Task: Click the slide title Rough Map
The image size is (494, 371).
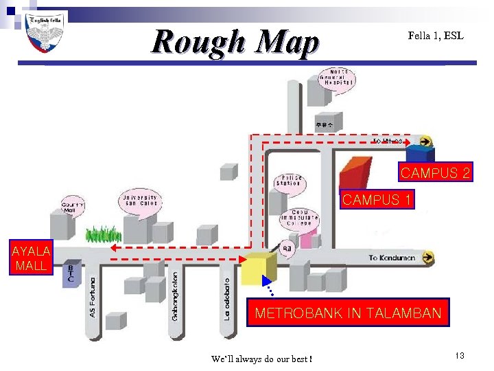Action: [x=235, y=42]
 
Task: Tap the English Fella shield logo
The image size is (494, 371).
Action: [x=45, y=33]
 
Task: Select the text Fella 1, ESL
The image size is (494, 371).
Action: [x=435, y=35]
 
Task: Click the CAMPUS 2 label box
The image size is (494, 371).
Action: [x=436, y=172]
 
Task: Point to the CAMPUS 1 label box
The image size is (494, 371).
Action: [x=377, y=200]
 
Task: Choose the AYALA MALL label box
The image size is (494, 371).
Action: [x=30, y=258]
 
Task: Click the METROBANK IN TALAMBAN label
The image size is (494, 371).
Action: [x=348, y=314]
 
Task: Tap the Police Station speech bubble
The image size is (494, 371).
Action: [x=288, y=181]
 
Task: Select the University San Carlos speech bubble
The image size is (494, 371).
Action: [x=140, y=201]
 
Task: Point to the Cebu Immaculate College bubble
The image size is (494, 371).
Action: [x=299, y=217]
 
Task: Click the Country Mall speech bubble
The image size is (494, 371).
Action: [x=73, y=205]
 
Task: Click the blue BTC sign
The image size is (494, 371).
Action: [x=70, y=273]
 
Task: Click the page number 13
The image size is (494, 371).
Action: [x=459, y=355]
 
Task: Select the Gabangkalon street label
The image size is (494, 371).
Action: [x=175, y=295]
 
